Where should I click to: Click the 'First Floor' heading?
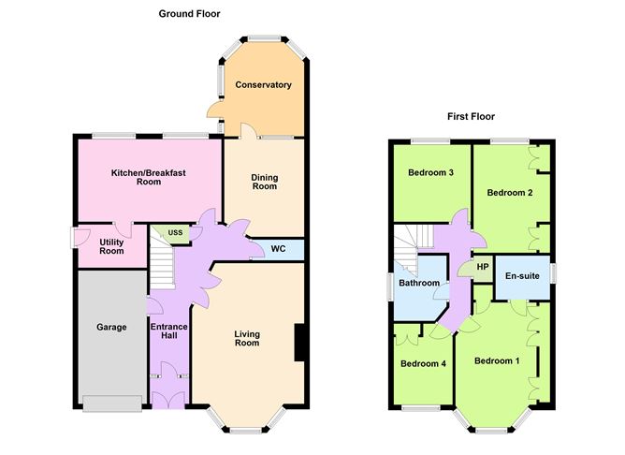(x=470, y=117)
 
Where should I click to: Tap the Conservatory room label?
(x=263, y=85)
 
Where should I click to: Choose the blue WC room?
(x=278, y=249)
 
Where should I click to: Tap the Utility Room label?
(x=111, y=246)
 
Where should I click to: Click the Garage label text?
(x=111, y=328)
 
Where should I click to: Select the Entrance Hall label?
(x=168, y=331)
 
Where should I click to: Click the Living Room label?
(x=246, y=337)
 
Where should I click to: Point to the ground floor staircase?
(x=163, y=262)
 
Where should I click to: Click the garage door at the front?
(x=112, y=404)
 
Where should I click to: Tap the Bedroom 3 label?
(x=430, y=173)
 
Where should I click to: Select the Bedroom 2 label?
(x=510, y=192)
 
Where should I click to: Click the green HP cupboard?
(x=483, y=267)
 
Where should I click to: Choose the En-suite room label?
(x=521, y=276)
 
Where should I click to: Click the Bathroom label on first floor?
(x=418, y=283)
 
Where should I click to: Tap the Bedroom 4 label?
(x=422, y=363)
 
